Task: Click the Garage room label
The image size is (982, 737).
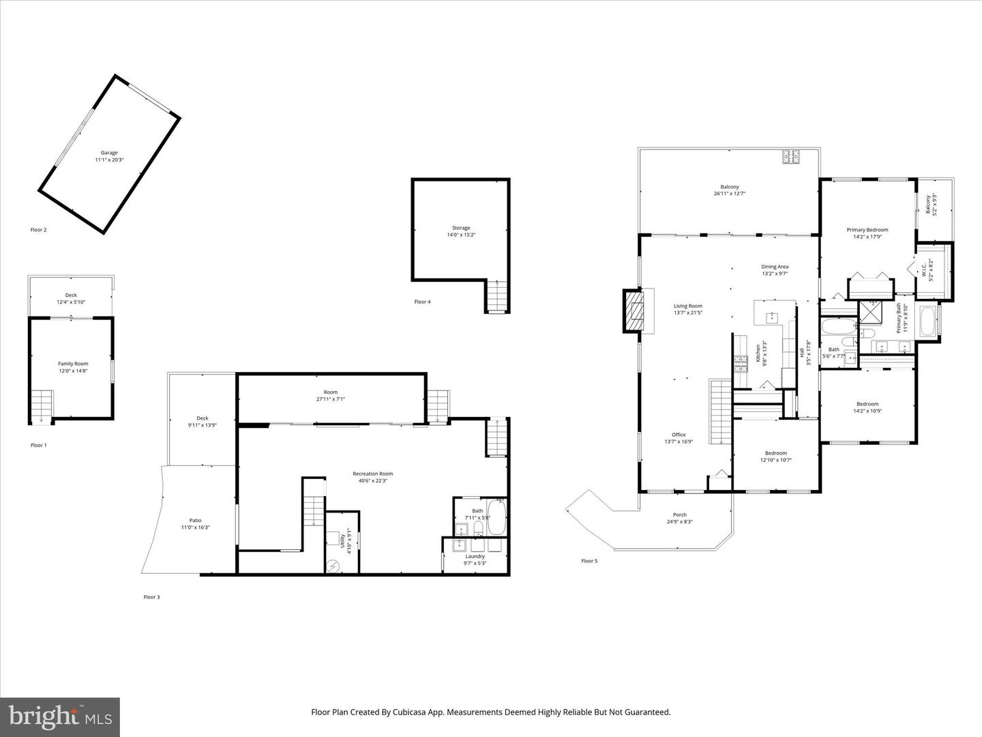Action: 109,153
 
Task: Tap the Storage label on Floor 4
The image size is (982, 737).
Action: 461,228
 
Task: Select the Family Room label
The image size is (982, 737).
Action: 73,364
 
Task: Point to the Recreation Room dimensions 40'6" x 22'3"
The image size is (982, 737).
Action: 372,480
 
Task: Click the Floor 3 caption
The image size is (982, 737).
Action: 151,597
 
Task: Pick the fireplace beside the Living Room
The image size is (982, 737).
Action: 634,311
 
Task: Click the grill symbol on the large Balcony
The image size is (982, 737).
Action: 791,156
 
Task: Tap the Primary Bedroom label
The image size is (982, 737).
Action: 867,230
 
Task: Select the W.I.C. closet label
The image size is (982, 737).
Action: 924,270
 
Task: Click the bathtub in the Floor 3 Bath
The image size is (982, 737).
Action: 496,517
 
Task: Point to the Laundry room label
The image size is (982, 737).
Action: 475,556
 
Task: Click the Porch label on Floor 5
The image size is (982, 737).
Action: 680,515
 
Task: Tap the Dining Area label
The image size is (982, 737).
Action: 775,267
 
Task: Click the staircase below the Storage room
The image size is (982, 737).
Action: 497,296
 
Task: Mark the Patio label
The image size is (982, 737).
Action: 195,521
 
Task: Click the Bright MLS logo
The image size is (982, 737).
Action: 60,716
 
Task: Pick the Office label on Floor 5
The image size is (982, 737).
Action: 679,435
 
